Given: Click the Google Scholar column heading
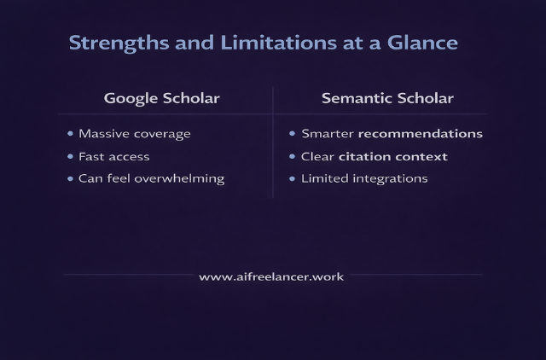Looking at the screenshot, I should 162,98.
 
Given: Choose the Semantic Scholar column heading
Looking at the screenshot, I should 387,98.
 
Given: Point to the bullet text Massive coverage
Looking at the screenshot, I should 134,134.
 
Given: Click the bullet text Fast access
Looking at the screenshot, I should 113,157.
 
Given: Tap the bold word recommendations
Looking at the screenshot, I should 420,134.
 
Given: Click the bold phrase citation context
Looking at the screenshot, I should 392,157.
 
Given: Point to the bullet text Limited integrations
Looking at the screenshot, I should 364,179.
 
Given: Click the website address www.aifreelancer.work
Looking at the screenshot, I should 271,277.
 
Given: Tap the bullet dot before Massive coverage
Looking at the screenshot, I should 70,134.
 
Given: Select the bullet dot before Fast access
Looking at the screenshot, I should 70,157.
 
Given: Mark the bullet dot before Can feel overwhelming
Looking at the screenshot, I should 70,179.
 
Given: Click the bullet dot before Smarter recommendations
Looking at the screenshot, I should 293,134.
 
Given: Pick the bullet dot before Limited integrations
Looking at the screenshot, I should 293,179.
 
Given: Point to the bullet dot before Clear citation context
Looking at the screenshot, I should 293,157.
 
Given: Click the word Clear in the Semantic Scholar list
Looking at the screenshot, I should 317,157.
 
